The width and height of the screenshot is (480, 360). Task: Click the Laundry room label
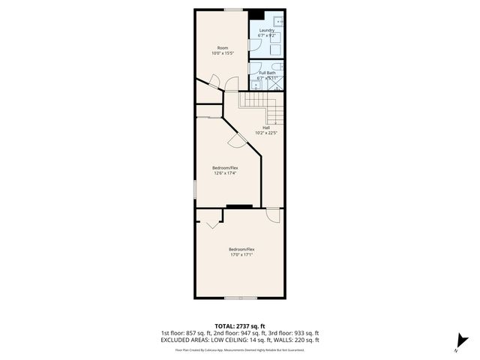click(267, 31)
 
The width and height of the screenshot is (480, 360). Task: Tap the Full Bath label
click(267, 73)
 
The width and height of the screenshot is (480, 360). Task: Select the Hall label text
click(266, 127)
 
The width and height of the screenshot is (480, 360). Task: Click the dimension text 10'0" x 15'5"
click(222, 54)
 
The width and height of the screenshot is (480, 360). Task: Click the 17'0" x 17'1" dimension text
click(241, 254)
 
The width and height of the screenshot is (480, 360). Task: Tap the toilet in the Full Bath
click(277, 65)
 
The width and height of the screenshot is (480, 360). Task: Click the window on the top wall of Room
click(233, 9)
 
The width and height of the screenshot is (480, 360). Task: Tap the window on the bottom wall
click(241, 298)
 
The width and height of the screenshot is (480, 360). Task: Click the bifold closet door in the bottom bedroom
click(209, 221)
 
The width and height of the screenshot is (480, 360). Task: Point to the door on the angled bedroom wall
click(237, 140)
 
